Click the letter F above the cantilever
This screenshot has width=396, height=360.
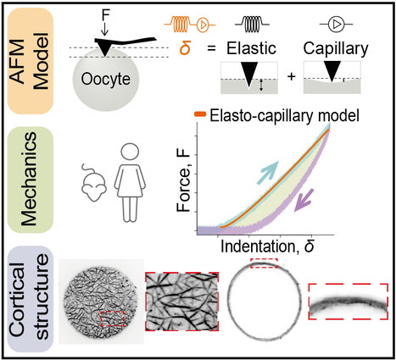[105, 15]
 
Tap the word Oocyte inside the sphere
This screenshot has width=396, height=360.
[106, 79]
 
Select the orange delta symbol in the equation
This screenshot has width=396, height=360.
[185, 48]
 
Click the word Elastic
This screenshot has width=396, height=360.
[251, 48]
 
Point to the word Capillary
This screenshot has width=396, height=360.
[336, 49]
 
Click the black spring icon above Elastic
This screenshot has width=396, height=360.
[252, 25]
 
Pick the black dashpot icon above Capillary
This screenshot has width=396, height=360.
[336, 25]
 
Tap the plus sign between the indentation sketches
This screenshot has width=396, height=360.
[291, 76]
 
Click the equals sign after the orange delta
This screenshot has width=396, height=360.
[211, 48]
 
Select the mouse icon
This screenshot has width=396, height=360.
[93, 183]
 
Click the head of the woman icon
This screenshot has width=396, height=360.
[130, 152]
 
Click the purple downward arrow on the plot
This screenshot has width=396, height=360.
[304, 200]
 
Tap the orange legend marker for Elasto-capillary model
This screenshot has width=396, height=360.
[200, 114]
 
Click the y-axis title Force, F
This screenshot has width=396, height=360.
[183, 181]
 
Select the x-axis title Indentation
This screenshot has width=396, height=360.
[259, 246]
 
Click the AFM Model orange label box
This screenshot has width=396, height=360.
[31, 61]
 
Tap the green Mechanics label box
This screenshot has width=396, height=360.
[31, 180]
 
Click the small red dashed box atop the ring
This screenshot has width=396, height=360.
[265, 263]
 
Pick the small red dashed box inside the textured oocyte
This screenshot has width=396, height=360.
[113, 319]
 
